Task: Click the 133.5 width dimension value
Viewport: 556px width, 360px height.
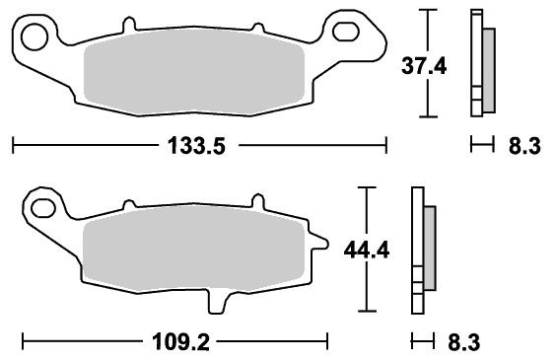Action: tap(196, 146)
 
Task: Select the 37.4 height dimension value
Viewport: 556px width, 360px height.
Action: tap(424, 66)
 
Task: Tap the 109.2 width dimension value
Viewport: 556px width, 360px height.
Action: tap(180, 342)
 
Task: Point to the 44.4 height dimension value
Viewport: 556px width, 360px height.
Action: tap(367, 251)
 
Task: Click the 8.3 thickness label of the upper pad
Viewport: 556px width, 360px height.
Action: tap(524, 146)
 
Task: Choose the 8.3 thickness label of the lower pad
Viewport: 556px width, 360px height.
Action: tap(463, 342)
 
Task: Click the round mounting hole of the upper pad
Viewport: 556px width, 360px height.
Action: tap(35, 36)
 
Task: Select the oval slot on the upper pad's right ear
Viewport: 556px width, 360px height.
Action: tap(346, 31)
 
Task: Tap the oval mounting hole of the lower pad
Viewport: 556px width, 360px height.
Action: tap(43, 208)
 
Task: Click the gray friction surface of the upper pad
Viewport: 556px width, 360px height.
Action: tap(194, 72)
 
